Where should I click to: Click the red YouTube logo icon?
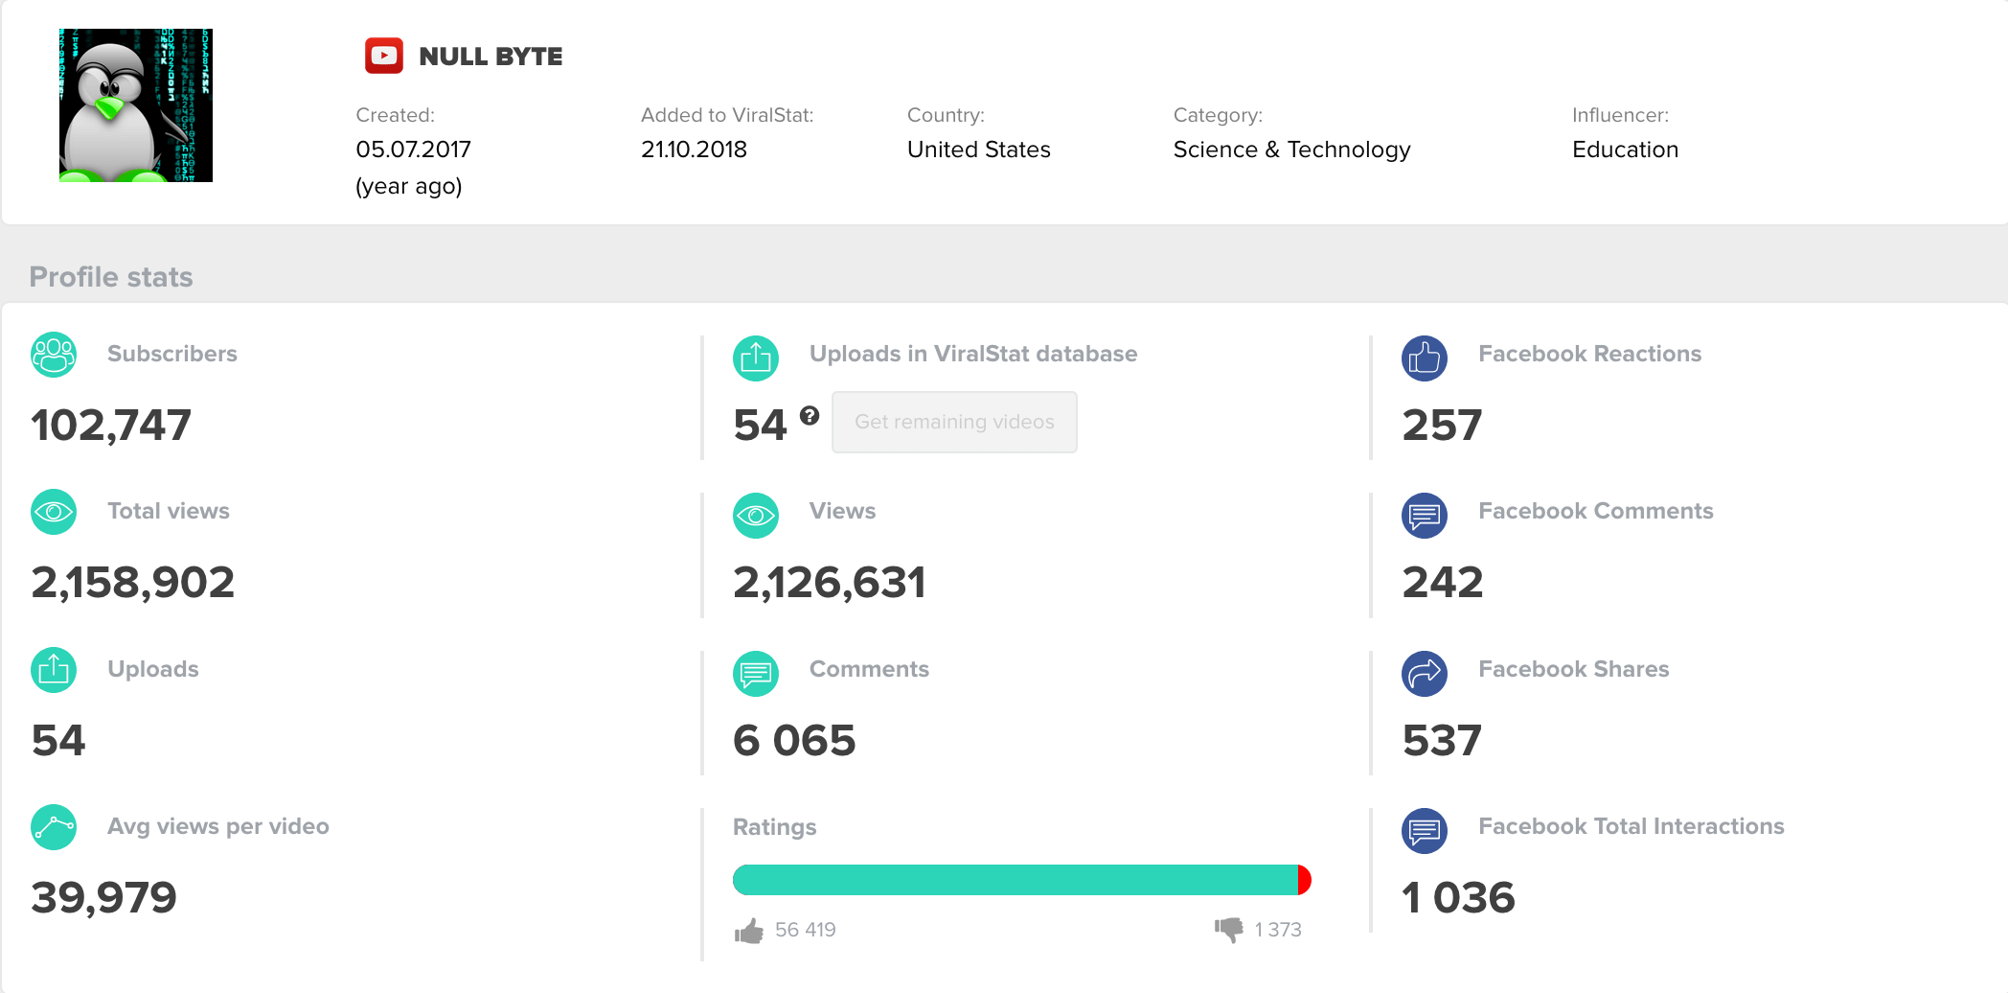coord(384,56)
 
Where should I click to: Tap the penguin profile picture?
coord(136,105)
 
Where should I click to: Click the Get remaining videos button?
coord(954,422)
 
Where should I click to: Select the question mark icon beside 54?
coord(810,415)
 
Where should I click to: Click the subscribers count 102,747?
coord(111,425)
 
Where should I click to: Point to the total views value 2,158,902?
coord(133,583)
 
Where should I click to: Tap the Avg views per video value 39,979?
coord(104,898)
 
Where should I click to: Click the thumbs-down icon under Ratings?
coord(1228,929)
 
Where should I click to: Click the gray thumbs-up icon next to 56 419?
coord(749,931)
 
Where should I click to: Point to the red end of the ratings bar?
coord(1304,880)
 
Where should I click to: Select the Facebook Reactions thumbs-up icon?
coord(1425,358)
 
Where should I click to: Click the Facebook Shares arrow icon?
coord(1425,673)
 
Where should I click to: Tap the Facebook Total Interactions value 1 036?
coord(1458,898)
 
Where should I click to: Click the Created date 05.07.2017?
coord(413,150)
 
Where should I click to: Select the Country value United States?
coord(978,150)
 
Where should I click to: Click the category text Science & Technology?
coord(1291,150)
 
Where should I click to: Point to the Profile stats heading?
coord(111,277)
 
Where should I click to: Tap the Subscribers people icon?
coord(54,355)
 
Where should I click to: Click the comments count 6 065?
coord(794,741)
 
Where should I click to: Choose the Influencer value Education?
coord(1625,150)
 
